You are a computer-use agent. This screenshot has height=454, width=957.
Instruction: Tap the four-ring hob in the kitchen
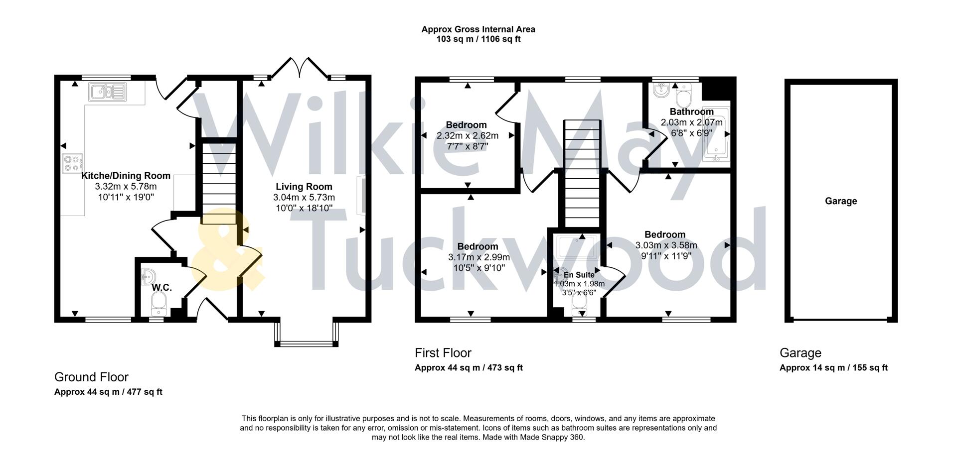(72, 164)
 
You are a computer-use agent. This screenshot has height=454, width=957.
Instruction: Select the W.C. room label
(161, 288)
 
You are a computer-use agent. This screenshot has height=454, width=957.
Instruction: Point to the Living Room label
(304, 187)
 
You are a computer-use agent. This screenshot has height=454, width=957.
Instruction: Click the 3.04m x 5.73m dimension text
(304, 198)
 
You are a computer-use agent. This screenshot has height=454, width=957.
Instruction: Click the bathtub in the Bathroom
(715, 134)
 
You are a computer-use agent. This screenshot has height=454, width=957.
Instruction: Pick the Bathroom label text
(691, 112)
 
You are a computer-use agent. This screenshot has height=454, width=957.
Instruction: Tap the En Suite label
(579, 275)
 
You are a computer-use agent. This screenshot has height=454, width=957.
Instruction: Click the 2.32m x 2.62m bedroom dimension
(467, 135)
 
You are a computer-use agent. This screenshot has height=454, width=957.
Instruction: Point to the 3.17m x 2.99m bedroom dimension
(478, 257)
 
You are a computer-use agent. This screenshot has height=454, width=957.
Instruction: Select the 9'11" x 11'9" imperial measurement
(666, 256)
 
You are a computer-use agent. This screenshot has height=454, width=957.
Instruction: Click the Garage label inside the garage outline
(841, 201)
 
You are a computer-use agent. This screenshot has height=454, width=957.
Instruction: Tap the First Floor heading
(443, 353)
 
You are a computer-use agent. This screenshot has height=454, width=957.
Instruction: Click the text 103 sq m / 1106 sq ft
(478, 39)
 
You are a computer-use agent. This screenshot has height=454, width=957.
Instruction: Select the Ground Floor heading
(91, 377)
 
